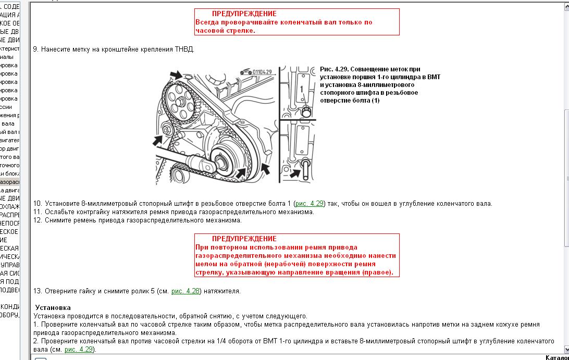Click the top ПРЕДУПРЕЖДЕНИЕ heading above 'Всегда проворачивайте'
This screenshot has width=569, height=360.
(244, 14)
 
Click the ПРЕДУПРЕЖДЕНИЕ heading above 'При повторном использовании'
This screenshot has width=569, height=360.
(244, 239)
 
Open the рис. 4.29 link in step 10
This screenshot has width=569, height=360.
(309, 204)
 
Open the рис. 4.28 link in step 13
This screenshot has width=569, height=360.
(185, 291)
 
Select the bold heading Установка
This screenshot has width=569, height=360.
(53, 308)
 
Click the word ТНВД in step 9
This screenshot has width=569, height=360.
(185, 49)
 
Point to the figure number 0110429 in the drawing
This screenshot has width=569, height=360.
(261, 71)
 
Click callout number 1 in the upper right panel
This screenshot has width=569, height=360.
(301, 89)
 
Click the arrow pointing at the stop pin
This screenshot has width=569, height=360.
(295, 173)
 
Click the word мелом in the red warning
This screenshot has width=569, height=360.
(205, 264)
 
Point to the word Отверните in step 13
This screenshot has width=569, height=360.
(61, 291)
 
